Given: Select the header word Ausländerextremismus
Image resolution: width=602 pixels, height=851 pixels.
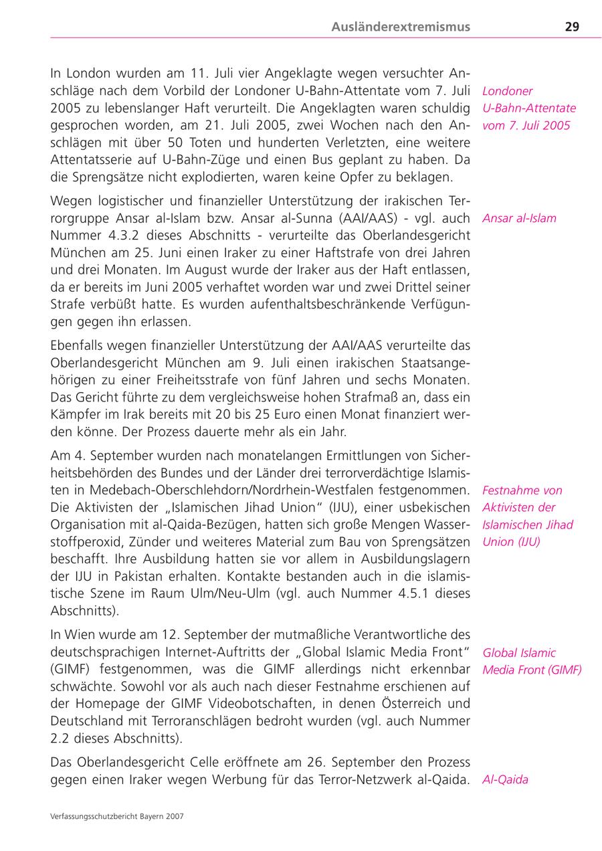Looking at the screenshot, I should point(401,27).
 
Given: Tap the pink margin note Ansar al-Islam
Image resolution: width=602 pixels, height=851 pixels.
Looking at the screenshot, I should point(519,218).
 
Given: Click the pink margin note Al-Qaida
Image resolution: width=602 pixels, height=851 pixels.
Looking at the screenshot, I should point(505,779).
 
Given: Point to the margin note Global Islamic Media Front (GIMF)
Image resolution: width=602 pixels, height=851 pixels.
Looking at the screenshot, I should point(532,662).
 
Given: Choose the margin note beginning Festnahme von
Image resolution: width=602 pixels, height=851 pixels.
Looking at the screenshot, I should point(527,516).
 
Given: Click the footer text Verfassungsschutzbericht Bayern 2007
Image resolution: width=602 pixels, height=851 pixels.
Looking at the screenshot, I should point(117,816).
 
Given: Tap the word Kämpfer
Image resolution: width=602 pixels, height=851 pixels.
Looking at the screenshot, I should point(76,414).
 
